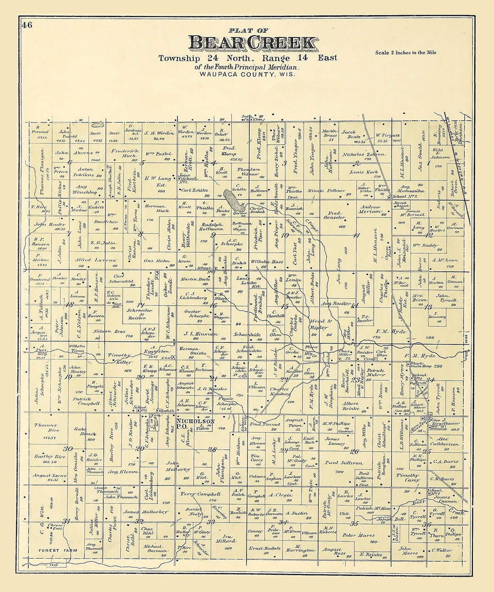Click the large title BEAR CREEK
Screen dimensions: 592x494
pos(252,42)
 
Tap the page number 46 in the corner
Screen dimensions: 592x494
pos(27,26)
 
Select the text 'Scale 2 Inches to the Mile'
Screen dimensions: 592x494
pos(405,53)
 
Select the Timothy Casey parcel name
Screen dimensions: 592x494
pos(408,477)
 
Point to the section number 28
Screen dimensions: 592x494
pos(212,449)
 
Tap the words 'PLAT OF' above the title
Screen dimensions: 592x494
pos(249,31)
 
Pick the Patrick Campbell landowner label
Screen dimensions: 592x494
pos(86,401)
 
